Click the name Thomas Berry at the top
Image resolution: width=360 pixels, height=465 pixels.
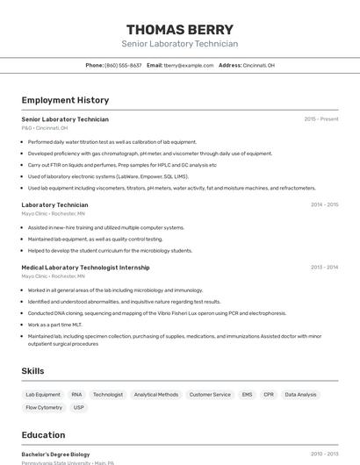tap(179, 29)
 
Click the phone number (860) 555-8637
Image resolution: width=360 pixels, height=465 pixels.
tap(123, 65)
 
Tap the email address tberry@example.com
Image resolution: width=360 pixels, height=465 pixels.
tap(189, 65)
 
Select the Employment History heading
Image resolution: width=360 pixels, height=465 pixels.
tap(65, 100)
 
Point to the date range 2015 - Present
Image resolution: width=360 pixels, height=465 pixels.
tap(321, 119)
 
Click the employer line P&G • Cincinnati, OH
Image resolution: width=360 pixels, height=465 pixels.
tap(45, 128)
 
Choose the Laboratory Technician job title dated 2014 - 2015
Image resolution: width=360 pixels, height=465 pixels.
tap(54, 204)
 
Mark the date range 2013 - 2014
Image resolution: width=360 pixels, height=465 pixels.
tap(324, 267)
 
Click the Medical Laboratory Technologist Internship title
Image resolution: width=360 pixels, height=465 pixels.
tap(85, 267)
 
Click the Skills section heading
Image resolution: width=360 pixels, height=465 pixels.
tap(32, 371)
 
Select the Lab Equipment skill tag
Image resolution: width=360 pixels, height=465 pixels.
tap(43, 395)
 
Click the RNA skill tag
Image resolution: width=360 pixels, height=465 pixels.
tap(76, 395)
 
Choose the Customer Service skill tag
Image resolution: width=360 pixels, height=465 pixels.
tap(210, 395)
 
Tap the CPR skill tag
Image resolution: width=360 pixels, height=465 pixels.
tap(269, 395)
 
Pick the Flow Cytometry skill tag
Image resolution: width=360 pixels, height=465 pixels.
tap(44, 407)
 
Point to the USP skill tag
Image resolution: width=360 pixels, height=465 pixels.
tap(79, 407)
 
